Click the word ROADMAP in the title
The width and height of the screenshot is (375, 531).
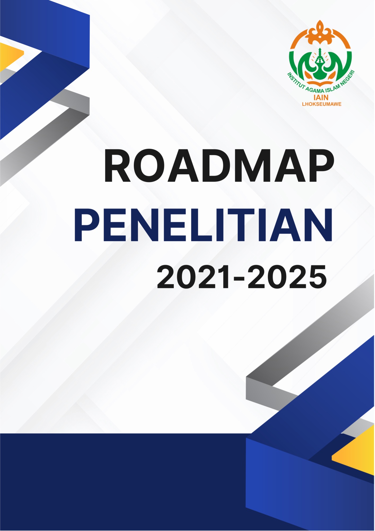pyautogui.click(x=219, y=166)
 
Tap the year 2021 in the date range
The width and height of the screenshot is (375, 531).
pyautogui.click(x=193, y=277)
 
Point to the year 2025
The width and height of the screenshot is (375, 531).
pyautogui.click(x=287, y=277)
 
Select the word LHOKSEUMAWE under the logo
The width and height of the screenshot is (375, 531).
pyautogui.click(x=322, y=104)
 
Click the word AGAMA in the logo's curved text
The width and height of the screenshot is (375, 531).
pyautogui.click(x=313, y=90)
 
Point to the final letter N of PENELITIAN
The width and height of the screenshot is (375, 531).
pyautogui.click(x=318, y=225)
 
